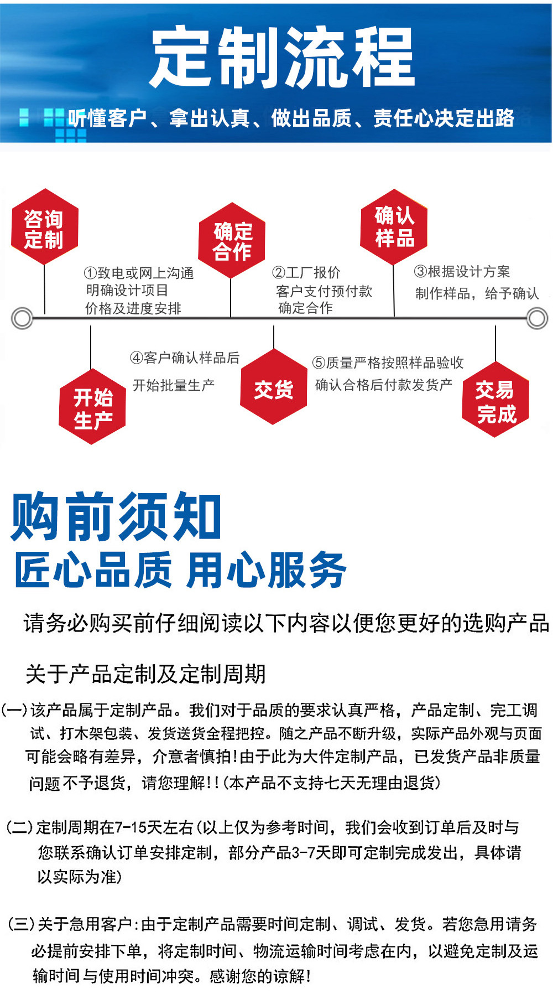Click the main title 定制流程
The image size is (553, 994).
[x=282, y=58]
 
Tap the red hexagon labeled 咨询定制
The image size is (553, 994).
[x=44, y=227]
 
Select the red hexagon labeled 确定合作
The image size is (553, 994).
[x=232, y=241]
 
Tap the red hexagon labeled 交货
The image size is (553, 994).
[x=273, y=388]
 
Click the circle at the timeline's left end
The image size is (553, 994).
[x=22, y=318]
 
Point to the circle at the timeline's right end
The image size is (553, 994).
[x=536, y=318]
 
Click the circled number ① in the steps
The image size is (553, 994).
[x=91, y=273]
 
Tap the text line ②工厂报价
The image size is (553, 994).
[x=306, y=272]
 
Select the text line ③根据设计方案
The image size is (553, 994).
[x=462, y=271]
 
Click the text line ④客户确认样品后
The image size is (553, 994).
[x=185, y=358]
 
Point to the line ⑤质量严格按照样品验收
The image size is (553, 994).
[x=388, y=363]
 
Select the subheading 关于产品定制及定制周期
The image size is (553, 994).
[x=145, y=674]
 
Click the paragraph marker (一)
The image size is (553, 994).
[x=15, y=710]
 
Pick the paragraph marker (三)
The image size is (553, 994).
[x=20, y=924]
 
